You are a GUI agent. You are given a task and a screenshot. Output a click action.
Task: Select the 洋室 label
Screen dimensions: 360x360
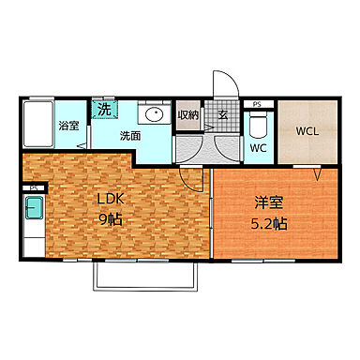266,201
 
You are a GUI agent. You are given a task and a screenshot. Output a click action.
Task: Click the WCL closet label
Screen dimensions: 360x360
307,131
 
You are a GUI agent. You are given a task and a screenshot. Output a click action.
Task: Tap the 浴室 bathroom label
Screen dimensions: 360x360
67,127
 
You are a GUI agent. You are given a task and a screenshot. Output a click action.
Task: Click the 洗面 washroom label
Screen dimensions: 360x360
129,135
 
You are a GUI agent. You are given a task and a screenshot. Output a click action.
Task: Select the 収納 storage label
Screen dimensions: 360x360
187,115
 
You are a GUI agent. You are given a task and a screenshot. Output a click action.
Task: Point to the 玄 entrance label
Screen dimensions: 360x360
224,115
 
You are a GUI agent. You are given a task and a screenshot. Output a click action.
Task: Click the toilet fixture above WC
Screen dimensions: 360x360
260,125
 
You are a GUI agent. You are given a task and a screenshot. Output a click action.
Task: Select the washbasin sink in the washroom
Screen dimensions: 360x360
154,115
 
